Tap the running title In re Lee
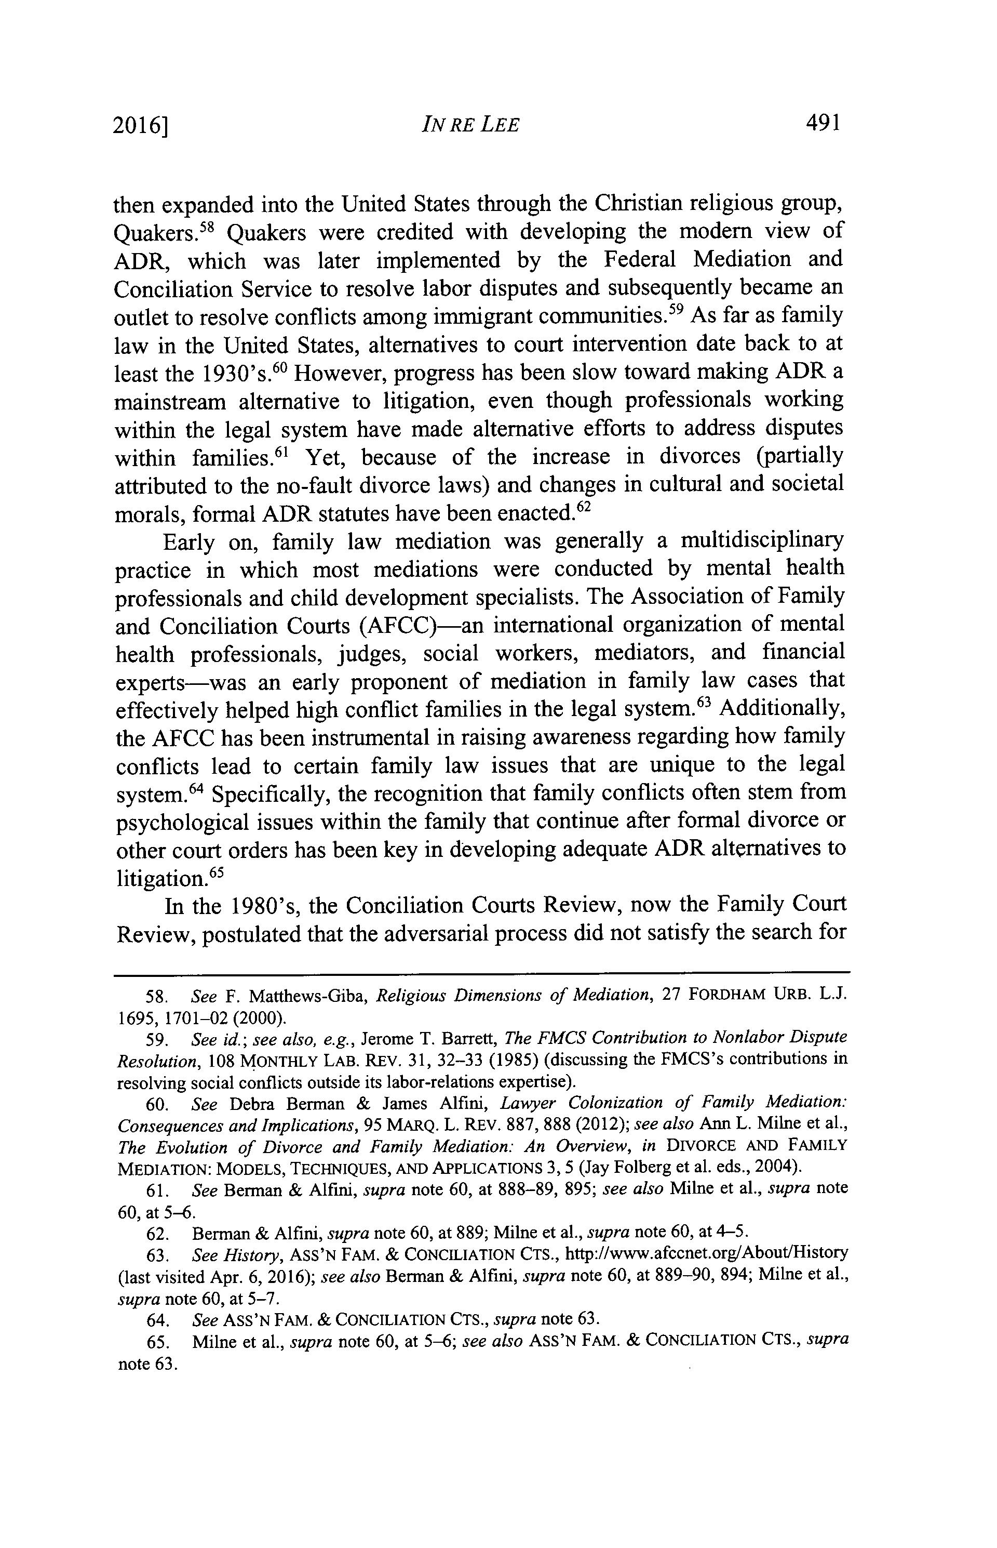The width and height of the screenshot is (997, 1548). pyautogui.click(x=469, y=124)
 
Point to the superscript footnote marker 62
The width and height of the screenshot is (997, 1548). pyautogui.click(x=584, y=507)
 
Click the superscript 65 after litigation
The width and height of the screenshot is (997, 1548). pyautogui.click(x=215, y=872)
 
